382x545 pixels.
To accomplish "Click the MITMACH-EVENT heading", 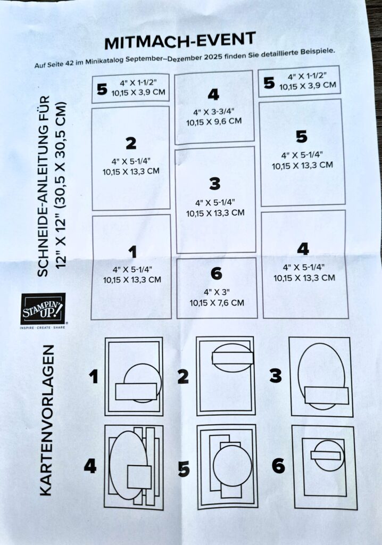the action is click(180, 40).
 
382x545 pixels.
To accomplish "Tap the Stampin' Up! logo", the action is click(43, 309).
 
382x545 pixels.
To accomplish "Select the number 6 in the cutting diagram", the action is click(216, 274).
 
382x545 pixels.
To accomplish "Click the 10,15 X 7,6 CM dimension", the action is click(217, 303).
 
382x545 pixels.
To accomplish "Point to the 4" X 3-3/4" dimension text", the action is click(214, 112).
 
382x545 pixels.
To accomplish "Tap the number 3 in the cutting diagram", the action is click(215, 184).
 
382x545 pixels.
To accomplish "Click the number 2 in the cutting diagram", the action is click(131, 143).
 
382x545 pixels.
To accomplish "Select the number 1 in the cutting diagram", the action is click(132, 252).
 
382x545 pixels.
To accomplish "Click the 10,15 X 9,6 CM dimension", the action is click(214, 122).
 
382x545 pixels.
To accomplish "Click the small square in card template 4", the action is click(139, 476).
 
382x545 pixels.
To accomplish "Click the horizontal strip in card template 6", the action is click(326, 455).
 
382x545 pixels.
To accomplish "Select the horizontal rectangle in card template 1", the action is click(136, 391).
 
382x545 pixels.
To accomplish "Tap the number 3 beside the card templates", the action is click(276, 376).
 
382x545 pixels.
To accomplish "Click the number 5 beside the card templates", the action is click(184, 469).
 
